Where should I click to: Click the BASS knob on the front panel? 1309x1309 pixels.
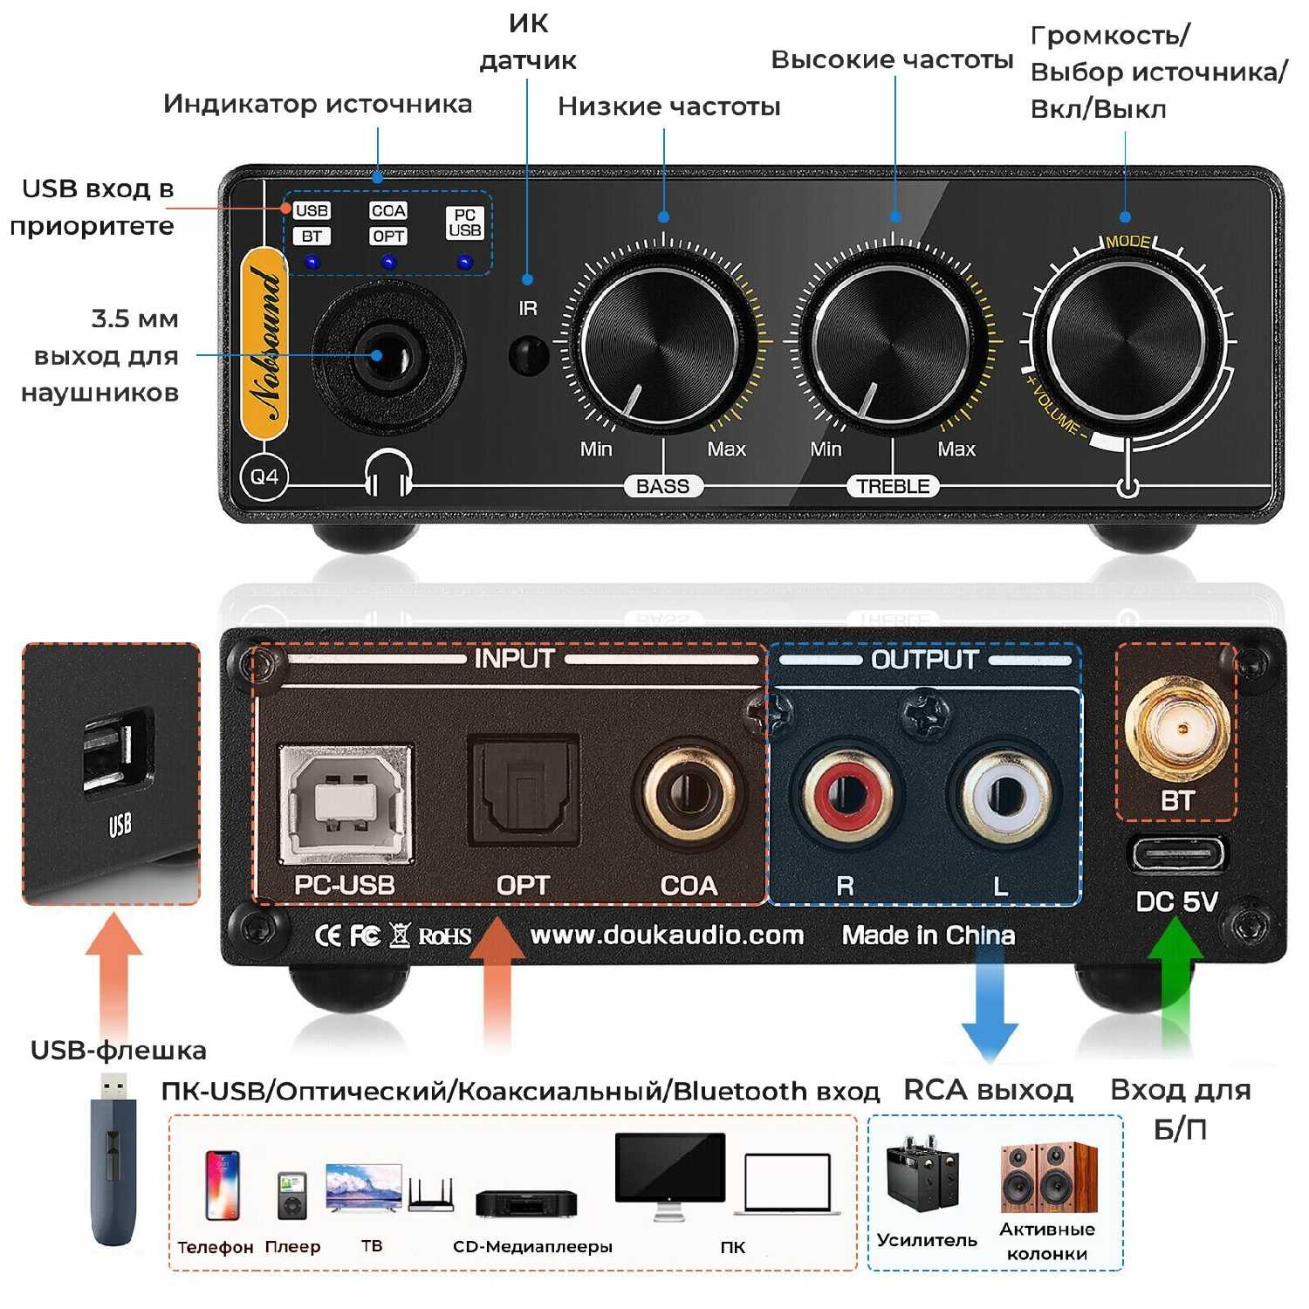[x=661, y=345]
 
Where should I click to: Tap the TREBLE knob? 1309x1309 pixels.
[x=891, y=345]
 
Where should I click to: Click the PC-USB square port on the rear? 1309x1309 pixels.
[x=345, y=804]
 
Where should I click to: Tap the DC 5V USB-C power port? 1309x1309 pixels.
[x=1177, y=854]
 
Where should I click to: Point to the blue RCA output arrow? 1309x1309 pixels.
[x=989, y=1004]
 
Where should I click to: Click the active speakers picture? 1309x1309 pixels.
[x=1047, y=1177]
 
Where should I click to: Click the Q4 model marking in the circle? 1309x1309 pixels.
[x=264, y=476]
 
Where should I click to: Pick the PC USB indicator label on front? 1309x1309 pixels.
[x=464, y=223]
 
